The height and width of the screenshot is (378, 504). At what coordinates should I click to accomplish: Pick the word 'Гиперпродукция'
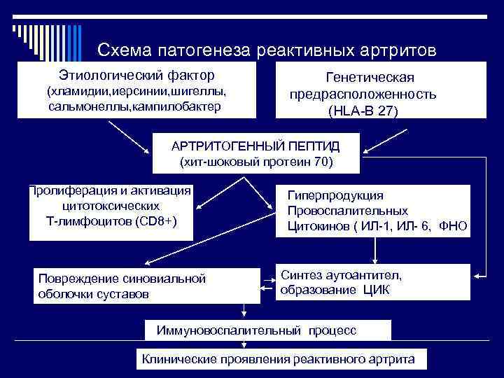coord(335,195)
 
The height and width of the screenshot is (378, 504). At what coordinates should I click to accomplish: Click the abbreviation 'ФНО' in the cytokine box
coord(454,226)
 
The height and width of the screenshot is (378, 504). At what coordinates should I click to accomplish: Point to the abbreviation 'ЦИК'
coord(375,290)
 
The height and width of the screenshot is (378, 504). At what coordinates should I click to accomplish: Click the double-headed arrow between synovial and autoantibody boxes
coord(267,287)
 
